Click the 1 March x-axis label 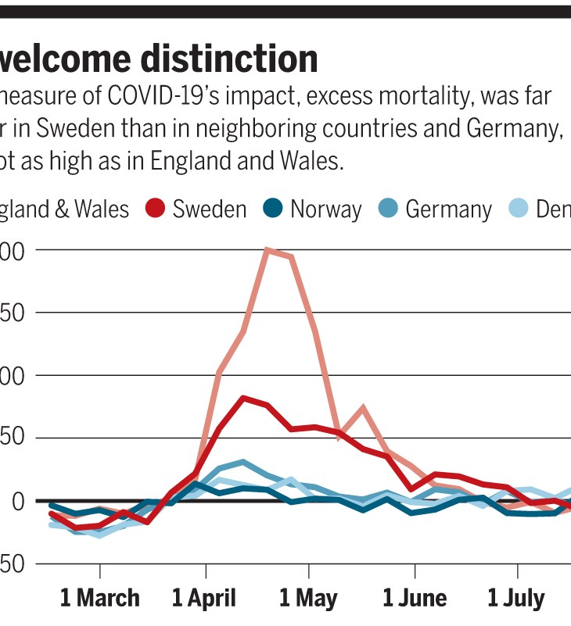(99, 599)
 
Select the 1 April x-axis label (203, 599)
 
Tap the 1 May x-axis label (308, 599)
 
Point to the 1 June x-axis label (415, 599)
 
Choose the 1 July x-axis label (515, 599)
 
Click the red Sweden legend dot (156, 209)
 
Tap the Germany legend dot (388, 209)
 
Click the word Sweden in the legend (209, 209)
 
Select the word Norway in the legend (325, 209)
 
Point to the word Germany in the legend (448, 209)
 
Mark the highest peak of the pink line (268, 250)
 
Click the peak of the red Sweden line (244, 398)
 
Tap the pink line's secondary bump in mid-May (363, 407)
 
